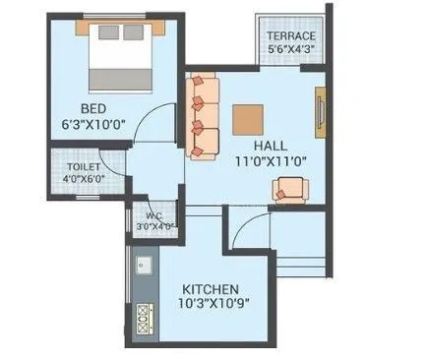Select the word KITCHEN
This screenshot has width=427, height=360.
point(210,289)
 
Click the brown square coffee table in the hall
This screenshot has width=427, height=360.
point(248,117)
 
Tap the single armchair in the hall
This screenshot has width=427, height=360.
point(291,188)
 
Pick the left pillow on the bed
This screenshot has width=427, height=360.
point(106,32)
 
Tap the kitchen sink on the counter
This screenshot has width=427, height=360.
point(143,266)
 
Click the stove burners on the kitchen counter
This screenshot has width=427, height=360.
point(143,318)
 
